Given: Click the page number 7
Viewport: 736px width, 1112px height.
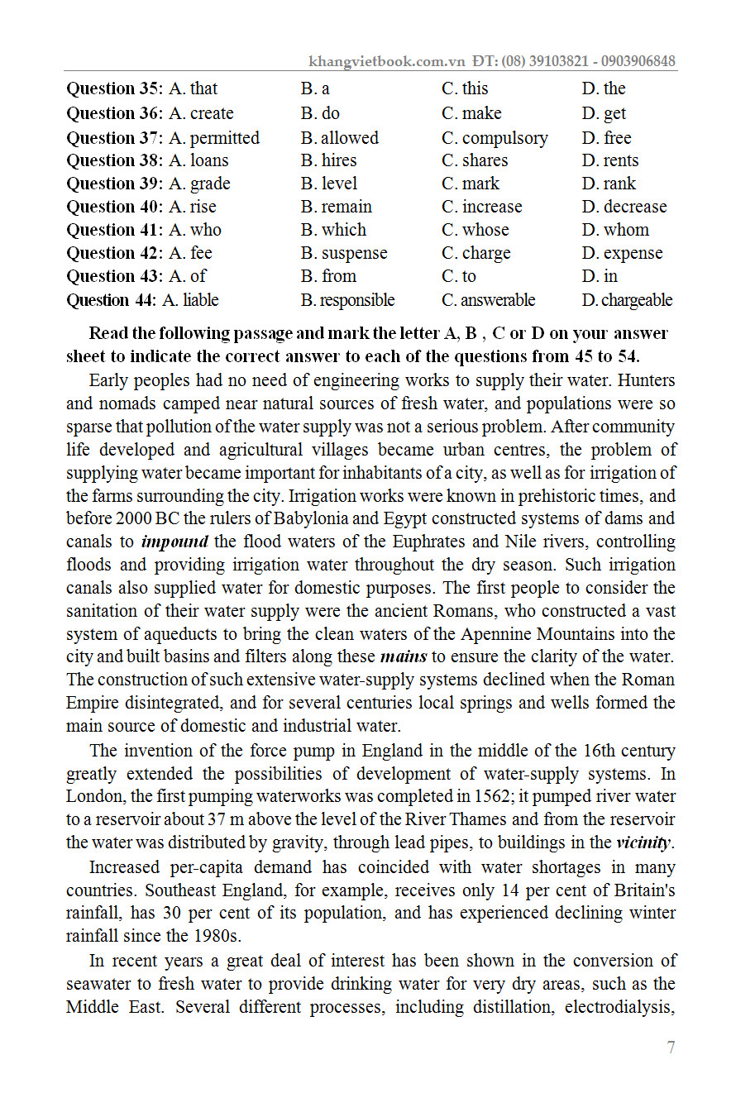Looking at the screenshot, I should pos(671,1048).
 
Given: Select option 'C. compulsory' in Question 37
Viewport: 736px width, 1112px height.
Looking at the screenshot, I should pos(495,138).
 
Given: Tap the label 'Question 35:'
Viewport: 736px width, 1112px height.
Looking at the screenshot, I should pos(115,88).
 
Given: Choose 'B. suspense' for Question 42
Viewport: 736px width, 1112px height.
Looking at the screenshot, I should pos(344,253).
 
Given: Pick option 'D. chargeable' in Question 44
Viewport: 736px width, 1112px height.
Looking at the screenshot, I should pos(627,300).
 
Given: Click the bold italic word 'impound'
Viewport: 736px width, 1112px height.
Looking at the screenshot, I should pos(175,542).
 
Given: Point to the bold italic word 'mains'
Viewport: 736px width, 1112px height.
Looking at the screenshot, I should pos(404,657).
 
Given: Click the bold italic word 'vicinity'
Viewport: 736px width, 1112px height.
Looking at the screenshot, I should pos(644,844).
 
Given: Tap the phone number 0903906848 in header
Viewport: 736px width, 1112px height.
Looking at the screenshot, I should pos(638,61).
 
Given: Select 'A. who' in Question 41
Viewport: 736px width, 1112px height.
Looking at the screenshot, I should pos(195,230).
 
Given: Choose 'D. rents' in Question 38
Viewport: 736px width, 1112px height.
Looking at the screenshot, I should pos(610,160).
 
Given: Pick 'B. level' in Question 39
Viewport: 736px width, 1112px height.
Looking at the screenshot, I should pos(329,184).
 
